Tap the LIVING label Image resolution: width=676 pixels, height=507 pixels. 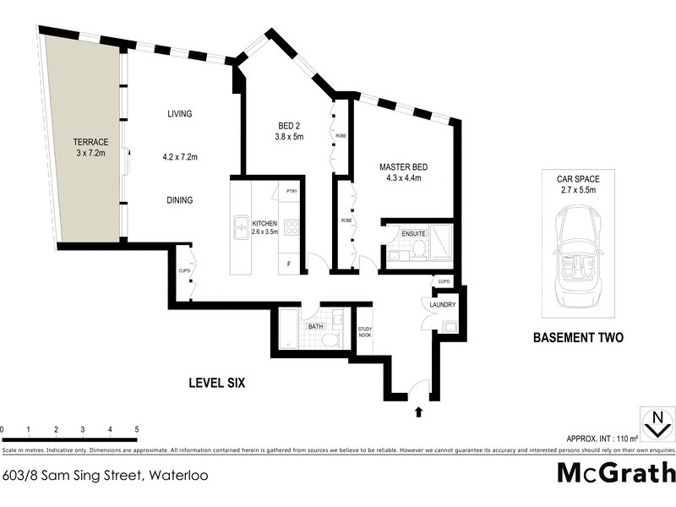[x=179, y=114]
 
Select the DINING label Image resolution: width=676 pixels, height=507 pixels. [x=179, y=200]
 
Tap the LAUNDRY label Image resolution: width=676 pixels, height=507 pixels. [x=443, y=305]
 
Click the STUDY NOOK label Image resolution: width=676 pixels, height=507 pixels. [x=365, y=331]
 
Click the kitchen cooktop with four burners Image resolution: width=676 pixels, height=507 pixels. [x=292, y=226]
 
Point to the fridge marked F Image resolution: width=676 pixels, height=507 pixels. [x=290, y=264]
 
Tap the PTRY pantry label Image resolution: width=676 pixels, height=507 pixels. [x=291, y=192]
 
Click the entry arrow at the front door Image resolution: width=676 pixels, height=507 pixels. [x=418, y=412]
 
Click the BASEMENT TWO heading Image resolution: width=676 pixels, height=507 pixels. [x=578, y=338]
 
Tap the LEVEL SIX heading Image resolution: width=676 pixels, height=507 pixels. [x=215, y=383]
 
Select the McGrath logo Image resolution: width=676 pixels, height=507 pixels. [x=616, y=472]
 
